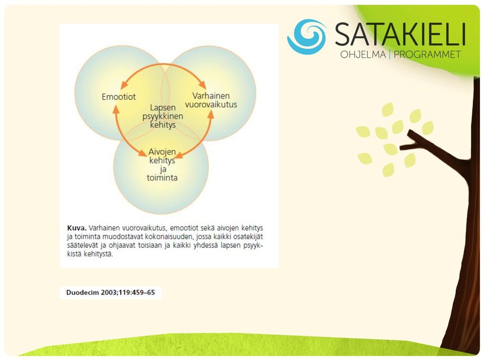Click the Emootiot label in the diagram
point(119,97)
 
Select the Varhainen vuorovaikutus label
point(211,100)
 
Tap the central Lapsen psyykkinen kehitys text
point(163,116)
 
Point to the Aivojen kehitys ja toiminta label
point(162,165)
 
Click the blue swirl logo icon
point(307,37)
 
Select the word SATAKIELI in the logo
point(400,34)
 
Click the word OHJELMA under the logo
point(363,54)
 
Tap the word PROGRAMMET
point(427,54)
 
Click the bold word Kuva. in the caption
point(76,228)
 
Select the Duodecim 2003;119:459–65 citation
point(111,292)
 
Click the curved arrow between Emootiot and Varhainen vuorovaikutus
point(163,64)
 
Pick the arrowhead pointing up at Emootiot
point(116,109)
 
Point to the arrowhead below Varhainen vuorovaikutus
point(211,115)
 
